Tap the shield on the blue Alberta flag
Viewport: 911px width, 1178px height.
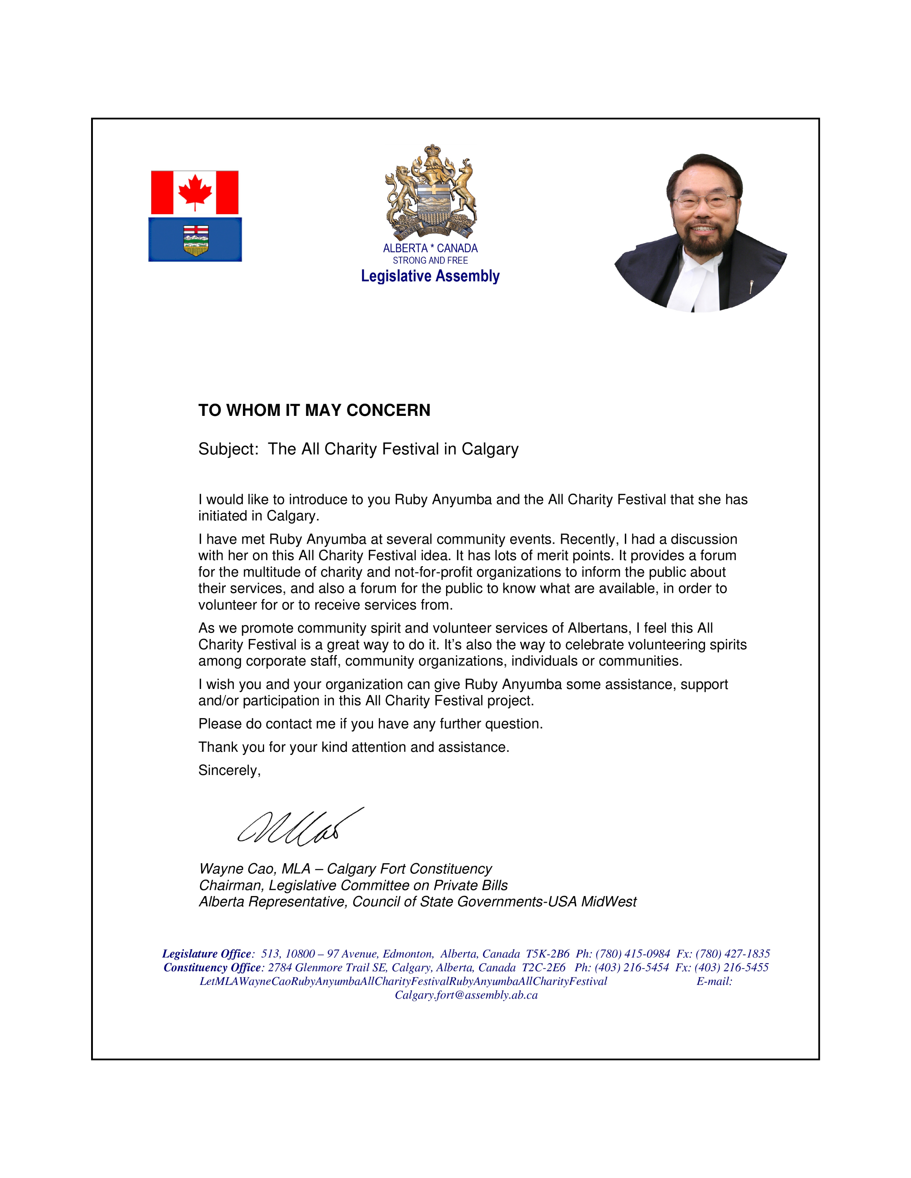coord(195,240)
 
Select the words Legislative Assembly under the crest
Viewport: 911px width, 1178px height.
coord(430,276)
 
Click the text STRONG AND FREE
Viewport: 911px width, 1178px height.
coord(430,261)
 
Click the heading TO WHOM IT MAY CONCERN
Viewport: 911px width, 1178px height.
coord(314,411)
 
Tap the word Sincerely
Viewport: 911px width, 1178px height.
coord(229,770)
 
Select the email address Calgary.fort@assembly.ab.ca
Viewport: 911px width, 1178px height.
coord(466,995)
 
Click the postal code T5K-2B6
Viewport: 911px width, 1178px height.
coord(547,953)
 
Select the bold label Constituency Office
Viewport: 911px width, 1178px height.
coord(212,968)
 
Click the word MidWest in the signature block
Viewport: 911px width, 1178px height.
coord(609,902)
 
